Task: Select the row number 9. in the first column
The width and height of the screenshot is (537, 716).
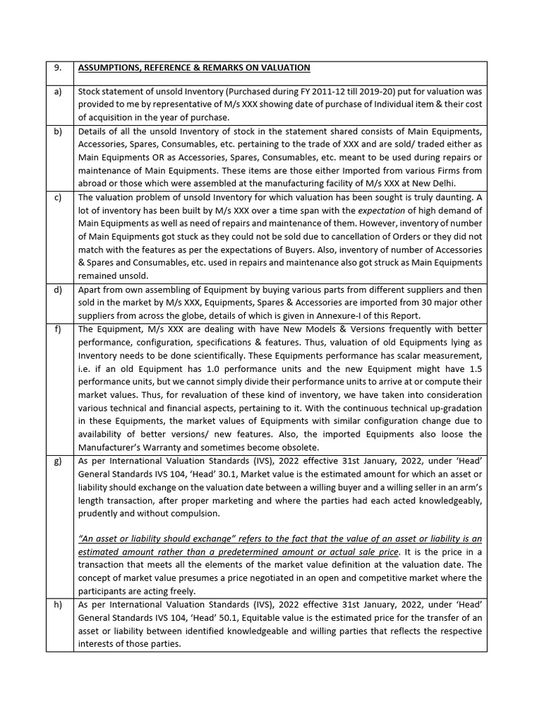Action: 58,68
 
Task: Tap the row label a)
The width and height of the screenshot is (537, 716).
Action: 57,92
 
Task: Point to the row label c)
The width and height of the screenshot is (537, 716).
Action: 57,198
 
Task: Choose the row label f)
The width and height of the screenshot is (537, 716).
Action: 57,329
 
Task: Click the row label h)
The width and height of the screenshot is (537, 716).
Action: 57,606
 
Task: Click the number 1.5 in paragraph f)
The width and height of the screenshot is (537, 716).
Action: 474,368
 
